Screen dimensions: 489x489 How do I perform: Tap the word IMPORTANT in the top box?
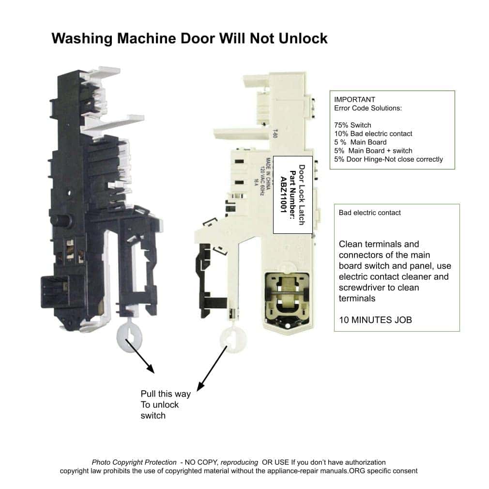pyautogui.click(x=354, y=100)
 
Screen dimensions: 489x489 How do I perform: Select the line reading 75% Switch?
pyautogui.click(x=352, y=125)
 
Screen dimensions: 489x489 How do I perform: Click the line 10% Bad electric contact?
pyautogui.click(x=373, y=134)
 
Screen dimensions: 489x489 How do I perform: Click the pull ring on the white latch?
pyautogui.click(x=232, y=337)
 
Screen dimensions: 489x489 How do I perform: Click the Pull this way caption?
pyautogui.click(x=166, y=394)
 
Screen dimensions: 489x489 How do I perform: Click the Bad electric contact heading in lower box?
pyautogui.click(x=370, y=213)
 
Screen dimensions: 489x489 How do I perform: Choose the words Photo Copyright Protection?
pyautogui.click(x=134, y=462)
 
